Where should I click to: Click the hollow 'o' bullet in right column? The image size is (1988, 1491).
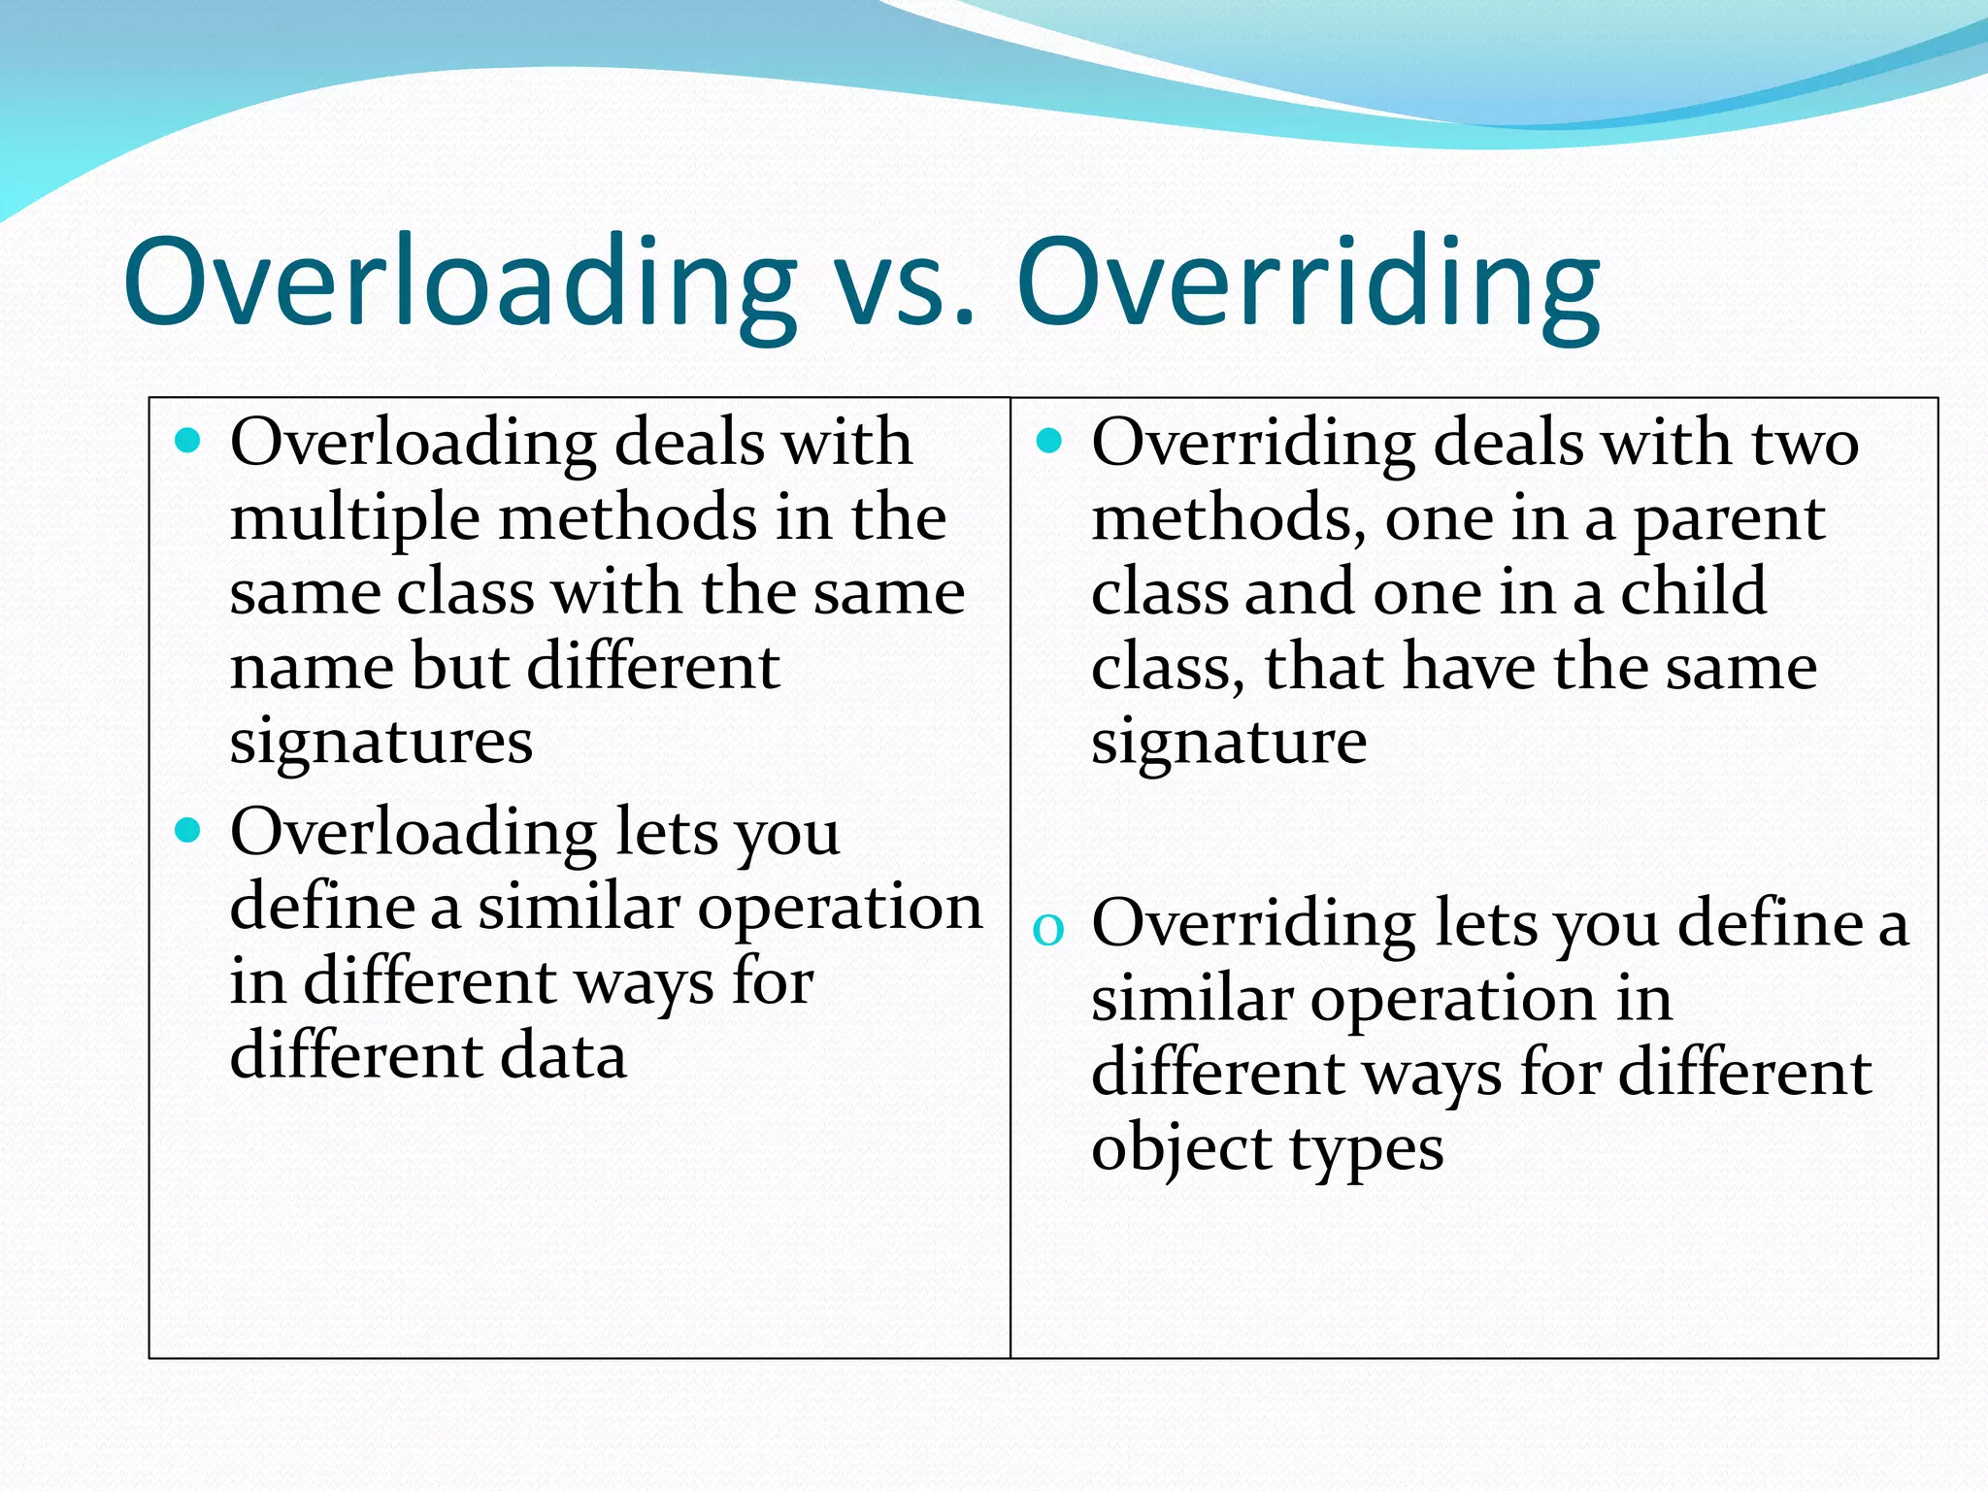pyautogui.click(x=1048, y=929)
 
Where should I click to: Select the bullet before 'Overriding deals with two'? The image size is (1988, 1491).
pyautogui.click(x=1049, y=443)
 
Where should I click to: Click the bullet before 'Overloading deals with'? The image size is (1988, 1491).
pyautogui.click(x=188, y=443)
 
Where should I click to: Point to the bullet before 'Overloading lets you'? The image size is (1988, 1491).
pyautogui.click(x=188, y=831)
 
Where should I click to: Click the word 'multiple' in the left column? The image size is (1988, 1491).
pyautogui.click(x=354, y=520)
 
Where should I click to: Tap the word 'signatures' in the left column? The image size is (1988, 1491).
pyautogui.click(x=381, y=744)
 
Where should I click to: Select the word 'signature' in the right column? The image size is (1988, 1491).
pyautogui.click(x=1229, y=744)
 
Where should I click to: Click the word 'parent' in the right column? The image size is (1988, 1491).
pyautogui.click(x=1729, y=520)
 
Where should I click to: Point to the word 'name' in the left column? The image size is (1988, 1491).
pyautogui.click(x=311, y=668)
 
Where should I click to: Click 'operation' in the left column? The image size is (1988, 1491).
pyautogui.click(x=839, y=909)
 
